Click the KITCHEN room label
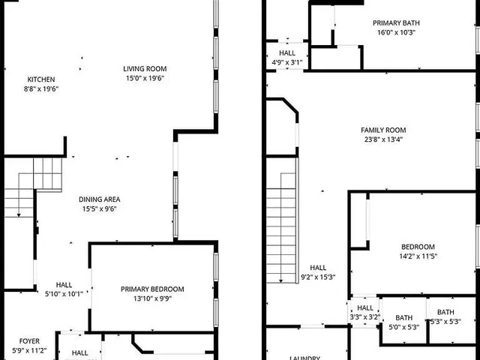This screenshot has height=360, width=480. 41,79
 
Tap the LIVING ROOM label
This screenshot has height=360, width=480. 145,69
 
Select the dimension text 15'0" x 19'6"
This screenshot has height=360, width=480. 145,78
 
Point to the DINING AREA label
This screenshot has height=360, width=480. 100,199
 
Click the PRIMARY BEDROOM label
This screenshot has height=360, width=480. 152,289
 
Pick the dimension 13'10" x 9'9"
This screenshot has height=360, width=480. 152,298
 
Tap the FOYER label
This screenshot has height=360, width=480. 29,340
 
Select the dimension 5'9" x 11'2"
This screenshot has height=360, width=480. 29,349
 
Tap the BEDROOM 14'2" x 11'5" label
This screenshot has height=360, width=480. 418,247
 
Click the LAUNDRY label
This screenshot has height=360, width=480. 305,358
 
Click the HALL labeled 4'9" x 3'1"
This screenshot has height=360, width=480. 287,53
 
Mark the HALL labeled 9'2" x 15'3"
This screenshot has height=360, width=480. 318,268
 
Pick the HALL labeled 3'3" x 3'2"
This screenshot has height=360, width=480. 365,308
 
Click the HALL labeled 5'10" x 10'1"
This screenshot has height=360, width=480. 64,285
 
